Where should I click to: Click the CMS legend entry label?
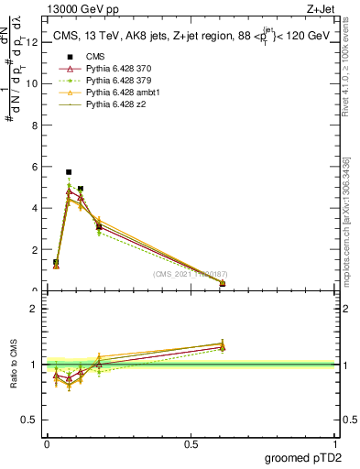tap(94, 58)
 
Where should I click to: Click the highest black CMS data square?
tap(69, 171)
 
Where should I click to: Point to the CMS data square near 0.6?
tap(223, 284)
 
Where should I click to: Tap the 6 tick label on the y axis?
tap(36, 166)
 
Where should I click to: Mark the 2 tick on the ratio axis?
tap(35, 309)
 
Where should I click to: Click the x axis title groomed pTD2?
tap(302, 458)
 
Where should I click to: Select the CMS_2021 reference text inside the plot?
tap(191, 273)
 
